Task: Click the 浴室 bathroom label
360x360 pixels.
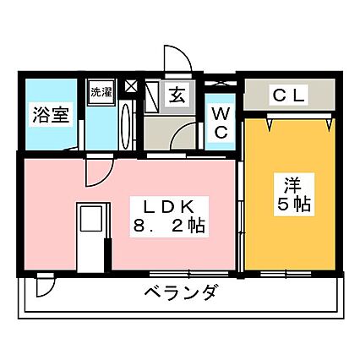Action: tap(51, 115)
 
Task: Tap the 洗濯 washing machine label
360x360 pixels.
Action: tap(101, 92)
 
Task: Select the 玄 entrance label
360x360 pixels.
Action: tap(177, 95)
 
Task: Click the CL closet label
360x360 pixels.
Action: tap(289, 95)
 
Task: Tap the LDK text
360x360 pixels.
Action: tap(169, 208)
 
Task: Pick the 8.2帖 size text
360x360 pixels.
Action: tap(169, 226)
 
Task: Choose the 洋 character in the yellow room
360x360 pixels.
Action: tap(293, 185)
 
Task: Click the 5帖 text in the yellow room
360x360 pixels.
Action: tap(294, 204)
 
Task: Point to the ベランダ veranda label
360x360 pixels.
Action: tap(181, 292)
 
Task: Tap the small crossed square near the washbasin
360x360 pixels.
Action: tap(131, 85)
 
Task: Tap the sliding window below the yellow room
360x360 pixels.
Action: tap(286, 274)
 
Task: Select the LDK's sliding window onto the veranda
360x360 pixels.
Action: tap(188, 274)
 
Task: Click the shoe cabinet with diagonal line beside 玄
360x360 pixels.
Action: tap(151, 96)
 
